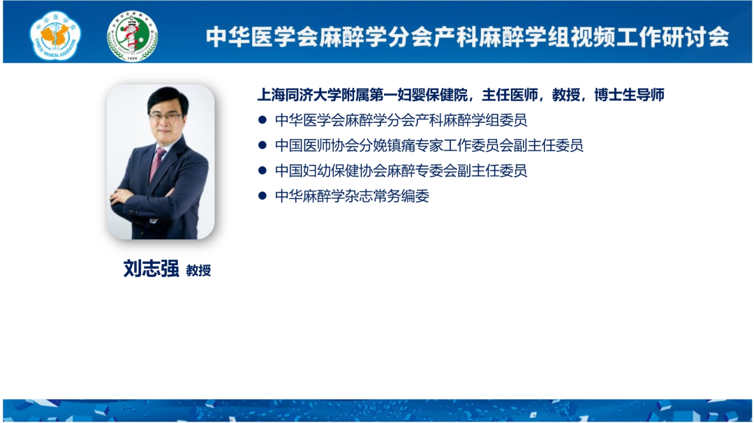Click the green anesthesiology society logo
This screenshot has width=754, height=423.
(132, 36)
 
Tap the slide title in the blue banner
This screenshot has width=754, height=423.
(467, 37)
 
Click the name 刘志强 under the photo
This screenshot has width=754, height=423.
(151, 269)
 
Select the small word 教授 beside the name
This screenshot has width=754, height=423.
(198, 271)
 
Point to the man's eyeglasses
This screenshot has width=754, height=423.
(166, 117)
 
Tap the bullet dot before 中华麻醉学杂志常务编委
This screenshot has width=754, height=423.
(262, 195)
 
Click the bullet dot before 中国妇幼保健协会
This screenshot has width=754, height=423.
(262, 170)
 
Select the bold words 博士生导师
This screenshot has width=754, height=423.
(630, 95)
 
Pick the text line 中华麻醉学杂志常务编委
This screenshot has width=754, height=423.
(352, 196)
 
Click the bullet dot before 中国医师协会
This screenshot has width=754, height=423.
(262, 144)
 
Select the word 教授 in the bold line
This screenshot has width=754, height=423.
(566, 95)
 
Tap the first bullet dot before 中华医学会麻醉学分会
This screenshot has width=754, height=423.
(262, 119)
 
